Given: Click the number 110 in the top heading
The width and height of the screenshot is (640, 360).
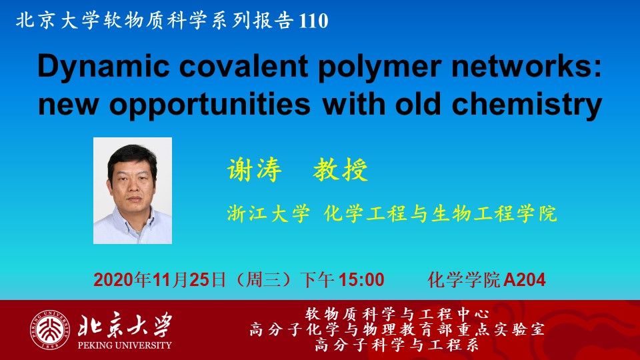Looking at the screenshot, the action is pos(313,21).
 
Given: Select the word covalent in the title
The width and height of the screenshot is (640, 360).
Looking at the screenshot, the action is pos(244,66).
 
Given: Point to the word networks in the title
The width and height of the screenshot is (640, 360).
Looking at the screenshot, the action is pos(521,66).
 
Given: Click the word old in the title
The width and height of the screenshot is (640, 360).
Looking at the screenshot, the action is pos(419,104).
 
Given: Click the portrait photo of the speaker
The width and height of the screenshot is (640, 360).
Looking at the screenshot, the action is pos(133,191).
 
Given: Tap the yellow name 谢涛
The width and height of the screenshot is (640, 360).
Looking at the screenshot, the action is pos(254,169).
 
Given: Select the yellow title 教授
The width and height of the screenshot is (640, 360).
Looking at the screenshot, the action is pos(341,169).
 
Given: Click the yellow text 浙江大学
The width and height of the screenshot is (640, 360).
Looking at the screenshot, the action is pos(268,213).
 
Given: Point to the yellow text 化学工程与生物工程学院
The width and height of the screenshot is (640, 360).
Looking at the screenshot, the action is pos(441,213).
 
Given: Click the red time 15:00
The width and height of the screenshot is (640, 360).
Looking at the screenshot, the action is pos(361,280).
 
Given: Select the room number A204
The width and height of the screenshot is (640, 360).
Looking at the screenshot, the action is pos(525,280).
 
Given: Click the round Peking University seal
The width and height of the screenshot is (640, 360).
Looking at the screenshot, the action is pos(49,330).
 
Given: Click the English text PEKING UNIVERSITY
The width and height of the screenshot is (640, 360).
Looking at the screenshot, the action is pos(125,345).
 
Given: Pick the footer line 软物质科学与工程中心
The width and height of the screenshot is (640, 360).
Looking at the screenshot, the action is pos(397,314).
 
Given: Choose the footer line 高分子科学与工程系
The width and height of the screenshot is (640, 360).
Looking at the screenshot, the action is pos(397,345).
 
